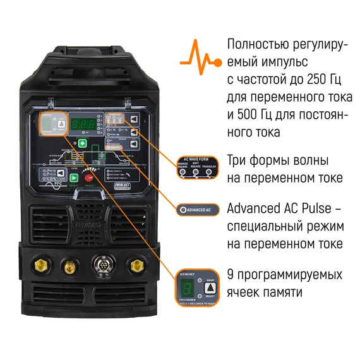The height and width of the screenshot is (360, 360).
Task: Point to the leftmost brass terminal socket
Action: tap(42, 266)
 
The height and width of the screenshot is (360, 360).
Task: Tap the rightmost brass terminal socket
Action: tap(134, 265)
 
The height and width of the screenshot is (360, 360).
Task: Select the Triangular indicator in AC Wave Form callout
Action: tap(208, 171)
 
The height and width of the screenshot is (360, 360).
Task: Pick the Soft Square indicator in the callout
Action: tap(196, 171)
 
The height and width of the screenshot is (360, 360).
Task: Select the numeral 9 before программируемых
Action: tap(231, 275)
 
